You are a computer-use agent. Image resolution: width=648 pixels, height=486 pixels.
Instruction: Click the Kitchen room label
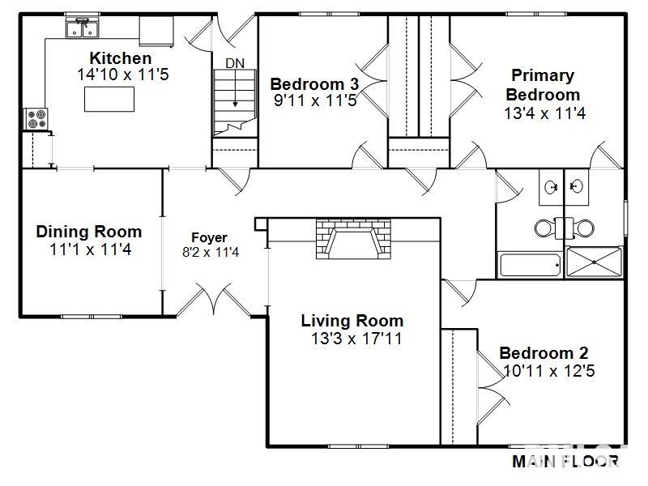[x=120, y=58]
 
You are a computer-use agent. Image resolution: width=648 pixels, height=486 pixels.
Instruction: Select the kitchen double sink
[x=82, y=29]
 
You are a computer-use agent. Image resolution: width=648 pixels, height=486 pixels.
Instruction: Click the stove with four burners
[x=36, y=120]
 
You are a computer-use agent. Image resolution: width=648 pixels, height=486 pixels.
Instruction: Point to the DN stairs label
[x=234, y=63]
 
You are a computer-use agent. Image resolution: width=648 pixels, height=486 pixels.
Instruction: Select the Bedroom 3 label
[x=314, y=84]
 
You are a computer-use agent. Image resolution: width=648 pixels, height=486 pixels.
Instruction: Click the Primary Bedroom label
[x=543, y=85]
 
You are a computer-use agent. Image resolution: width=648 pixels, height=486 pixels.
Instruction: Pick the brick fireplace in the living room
[x=353, y=239]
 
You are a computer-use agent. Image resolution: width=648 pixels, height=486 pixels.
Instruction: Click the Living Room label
[x=352, y=321]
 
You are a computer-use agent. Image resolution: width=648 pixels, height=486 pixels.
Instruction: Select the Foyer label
[x=209, y=237]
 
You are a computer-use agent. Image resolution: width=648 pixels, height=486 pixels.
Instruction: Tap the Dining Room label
[x=88, y=232]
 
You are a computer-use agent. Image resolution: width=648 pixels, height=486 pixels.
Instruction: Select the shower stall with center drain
[x=595, y=263]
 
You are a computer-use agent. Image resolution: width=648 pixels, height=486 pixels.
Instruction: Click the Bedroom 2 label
[x=544, y=353]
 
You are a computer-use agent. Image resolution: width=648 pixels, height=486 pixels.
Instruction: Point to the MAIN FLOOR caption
[x=565, y=462]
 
